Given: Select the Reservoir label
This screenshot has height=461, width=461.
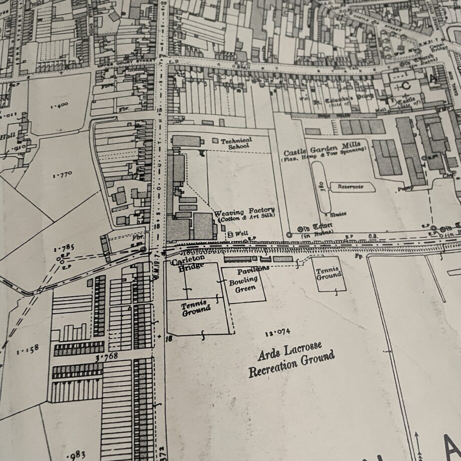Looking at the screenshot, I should [x=349, y=186].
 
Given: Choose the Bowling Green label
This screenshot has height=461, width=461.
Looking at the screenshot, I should [x=244, y=284].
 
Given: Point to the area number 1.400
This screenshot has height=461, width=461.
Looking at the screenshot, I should [x=59, y=105].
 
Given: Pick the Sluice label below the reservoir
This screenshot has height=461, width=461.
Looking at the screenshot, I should [x=338, y=214].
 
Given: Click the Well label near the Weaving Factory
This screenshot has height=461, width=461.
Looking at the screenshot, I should [x=239, y=234].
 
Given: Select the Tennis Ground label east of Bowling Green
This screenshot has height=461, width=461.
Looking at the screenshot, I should [x=329, y=272].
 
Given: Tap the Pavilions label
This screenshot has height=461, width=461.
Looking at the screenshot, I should [x=253, y=269].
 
